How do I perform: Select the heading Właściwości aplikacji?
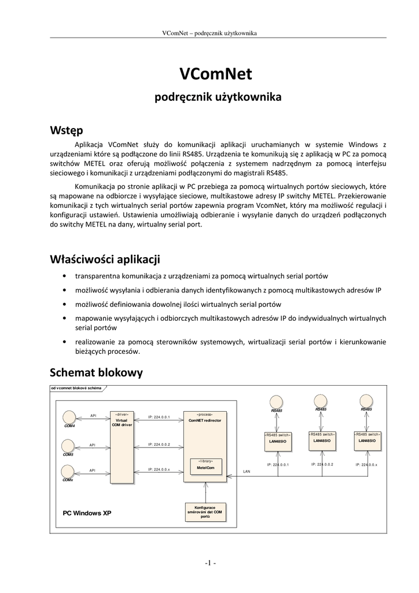[105, 258]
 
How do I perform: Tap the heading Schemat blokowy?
[96, 372]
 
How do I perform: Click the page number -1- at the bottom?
[209, 562]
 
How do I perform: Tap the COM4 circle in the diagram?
[69, 416]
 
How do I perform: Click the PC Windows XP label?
[87, 513]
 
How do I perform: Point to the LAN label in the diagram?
[247, 471]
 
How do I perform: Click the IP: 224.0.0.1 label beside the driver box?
[159, 416]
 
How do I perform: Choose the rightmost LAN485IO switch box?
[367, 440]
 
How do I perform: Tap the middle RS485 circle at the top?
[321, 401]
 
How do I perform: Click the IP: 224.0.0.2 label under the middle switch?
[322, 464]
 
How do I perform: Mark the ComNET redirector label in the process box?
[205, 420]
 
